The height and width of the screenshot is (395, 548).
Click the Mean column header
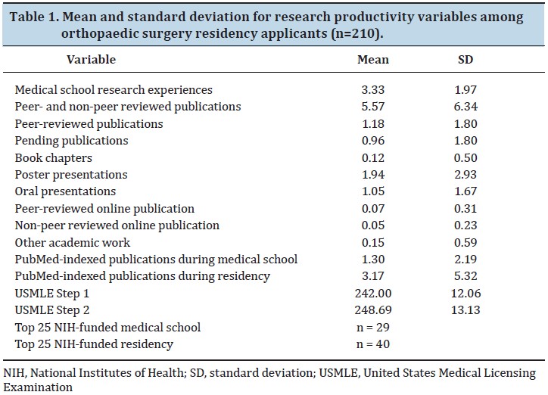373,59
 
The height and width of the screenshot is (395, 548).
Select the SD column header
465,59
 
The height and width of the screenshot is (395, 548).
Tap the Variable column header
92,59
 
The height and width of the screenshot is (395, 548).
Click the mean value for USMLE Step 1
373,293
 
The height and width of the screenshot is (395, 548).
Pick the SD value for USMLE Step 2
465,309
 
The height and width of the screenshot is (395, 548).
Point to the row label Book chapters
54,158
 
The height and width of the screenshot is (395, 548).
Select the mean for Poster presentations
373,174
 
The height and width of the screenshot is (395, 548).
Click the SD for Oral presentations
465,191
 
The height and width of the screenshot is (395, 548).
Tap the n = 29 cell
373,327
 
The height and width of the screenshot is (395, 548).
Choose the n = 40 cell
373,344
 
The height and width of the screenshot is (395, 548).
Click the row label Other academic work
73,242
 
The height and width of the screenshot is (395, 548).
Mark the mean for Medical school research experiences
373,90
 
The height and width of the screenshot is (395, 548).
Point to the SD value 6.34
465,107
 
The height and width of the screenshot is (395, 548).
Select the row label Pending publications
71,141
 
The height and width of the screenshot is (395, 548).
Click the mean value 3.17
373,276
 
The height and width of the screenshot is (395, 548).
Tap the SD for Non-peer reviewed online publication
465,225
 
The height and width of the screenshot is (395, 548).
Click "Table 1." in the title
35,17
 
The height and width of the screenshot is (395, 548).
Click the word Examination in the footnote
38,387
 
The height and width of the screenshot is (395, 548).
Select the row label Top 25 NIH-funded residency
94,344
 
